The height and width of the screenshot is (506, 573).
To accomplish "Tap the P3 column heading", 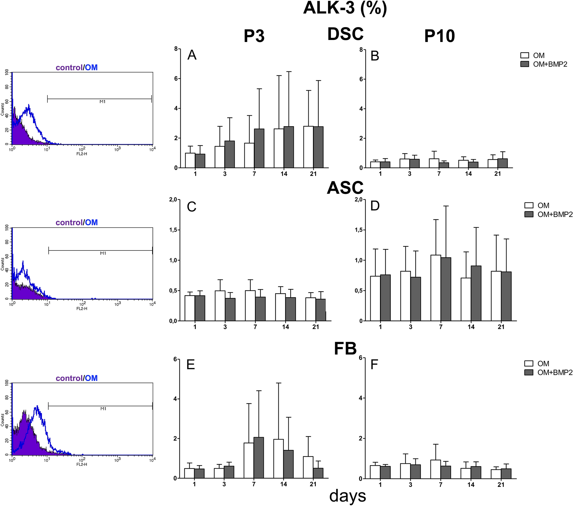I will point(254,36).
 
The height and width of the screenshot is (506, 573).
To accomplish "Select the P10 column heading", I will point(439,36).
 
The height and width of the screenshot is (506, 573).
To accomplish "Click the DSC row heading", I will point(345,34).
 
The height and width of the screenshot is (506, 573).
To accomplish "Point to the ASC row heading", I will point(345,188).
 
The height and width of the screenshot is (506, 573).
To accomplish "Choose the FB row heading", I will point(345,349).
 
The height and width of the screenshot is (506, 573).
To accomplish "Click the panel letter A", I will point(192,55).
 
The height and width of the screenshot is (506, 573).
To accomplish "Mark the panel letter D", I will point(375,206).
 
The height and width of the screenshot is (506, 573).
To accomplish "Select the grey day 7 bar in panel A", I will point(259,148).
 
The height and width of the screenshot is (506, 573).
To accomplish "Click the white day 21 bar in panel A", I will point(308,147).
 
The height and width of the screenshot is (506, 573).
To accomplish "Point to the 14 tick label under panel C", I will point(286,327).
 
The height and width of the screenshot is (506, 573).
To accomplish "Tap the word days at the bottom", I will point(347,496).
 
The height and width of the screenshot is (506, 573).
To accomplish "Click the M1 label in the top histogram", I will point(102,102).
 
